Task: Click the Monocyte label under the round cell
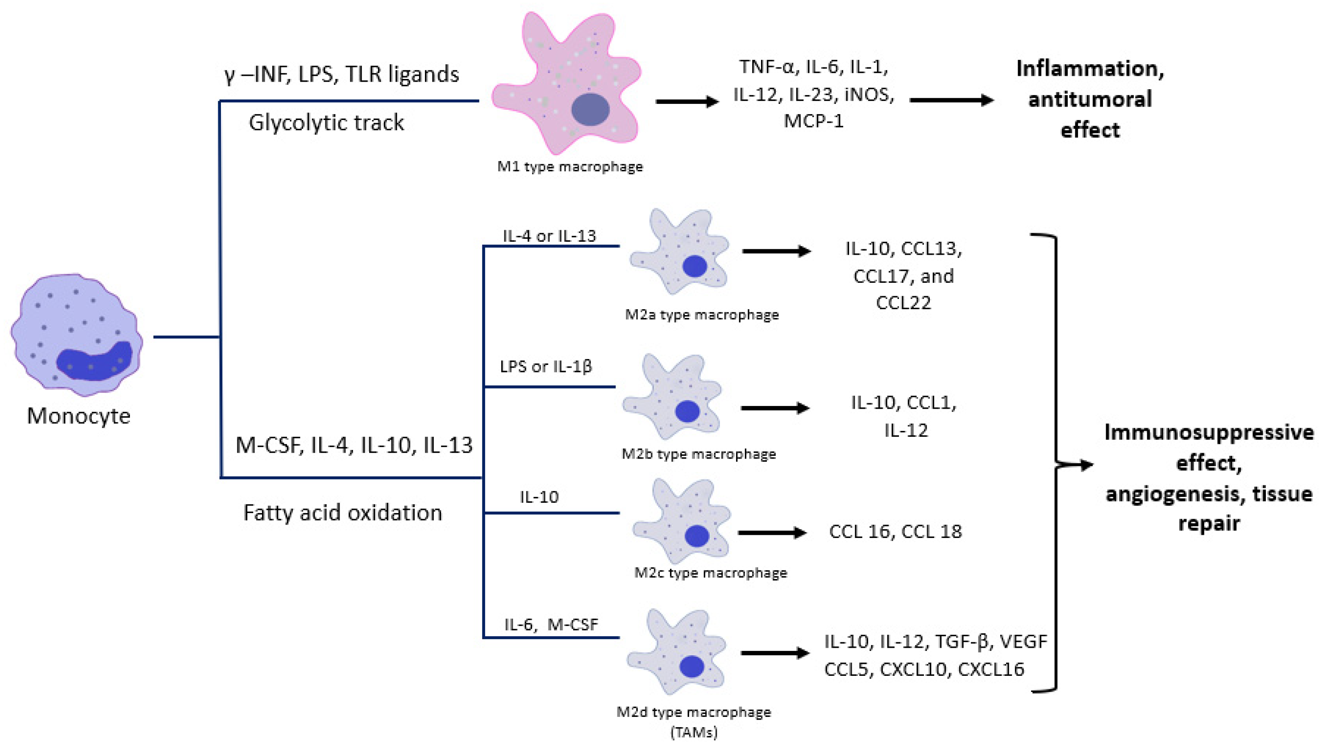pyautogui.click(x=79, y=416)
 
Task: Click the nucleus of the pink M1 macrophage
pyautogui.click(x=591, y=110)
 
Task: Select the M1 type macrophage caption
pyautogui.click(x=570, y=166)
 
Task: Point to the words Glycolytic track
pyautogui.click(x=326, y=123)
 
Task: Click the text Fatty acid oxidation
pyautogui.click(x=342, y=513)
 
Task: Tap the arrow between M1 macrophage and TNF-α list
pyautogui.click(x=686, y=101)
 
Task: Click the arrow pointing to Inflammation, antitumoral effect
pyautogui.click(x=951, y=100)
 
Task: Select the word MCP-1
pyautogui.click(x=813, y=121)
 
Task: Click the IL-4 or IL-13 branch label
pyautogui.click(x=549, y=236)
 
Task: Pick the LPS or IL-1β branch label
pyautogui.click(x=546, y=366)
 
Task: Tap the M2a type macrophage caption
pyautogui.click(x=702, y=314)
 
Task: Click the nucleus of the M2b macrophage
pyautogui.click(x=687, y=411)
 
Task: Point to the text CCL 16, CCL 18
pyautogui.click(x=895, y=531)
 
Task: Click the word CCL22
pyautogui.click(x=903, y=302)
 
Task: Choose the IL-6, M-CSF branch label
pyautogui.click(x=551, y=624)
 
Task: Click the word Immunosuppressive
pyautogui.click(x=1209, y=432)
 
